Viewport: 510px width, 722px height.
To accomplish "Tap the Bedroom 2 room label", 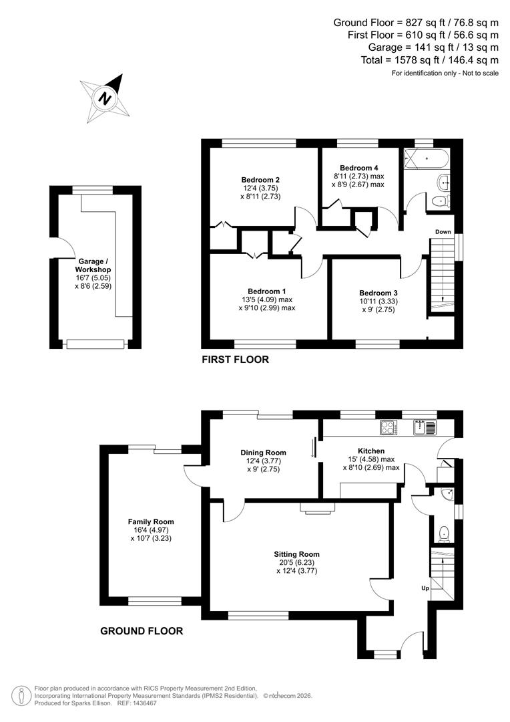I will [260, 179].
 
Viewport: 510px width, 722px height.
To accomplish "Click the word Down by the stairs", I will [442, 232].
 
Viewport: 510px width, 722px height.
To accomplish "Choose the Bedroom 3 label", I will [378, 293].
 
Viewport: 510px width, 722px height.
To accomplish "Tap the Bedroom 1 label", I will [266, 291].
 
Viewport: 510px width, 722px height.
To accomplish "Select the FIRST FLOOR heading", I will [235, 360].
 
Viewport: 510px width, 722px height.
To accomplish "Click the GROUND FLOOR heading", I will [141, 630].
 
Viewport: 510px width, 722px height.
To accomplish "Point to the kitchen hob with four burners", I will [388, 427].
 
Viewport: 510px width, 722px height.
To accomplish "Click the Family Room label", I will [151, 521].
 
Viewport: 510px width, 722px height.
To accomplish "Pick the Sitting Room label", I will [296, 554].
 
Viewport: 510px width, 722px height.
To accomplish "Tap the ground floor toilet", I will [445, 533].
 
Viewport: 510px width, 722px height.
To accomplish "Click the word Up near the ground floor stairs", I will [425, 588].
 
